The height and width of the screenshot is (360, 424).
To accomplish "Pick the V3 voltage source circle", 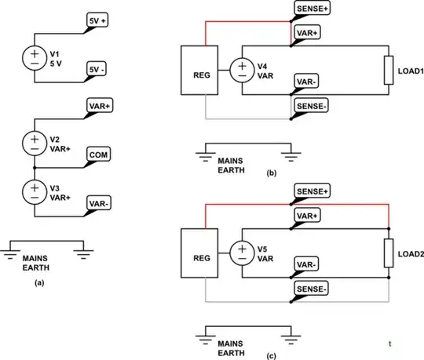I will click(x=34, y=191).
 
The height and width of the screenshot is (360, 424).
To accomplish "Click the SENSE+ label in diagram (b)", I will click(x=311, y=9).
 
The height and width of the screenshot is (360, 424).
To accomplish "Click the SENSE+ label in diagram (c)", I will click(x=311, y=191).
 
